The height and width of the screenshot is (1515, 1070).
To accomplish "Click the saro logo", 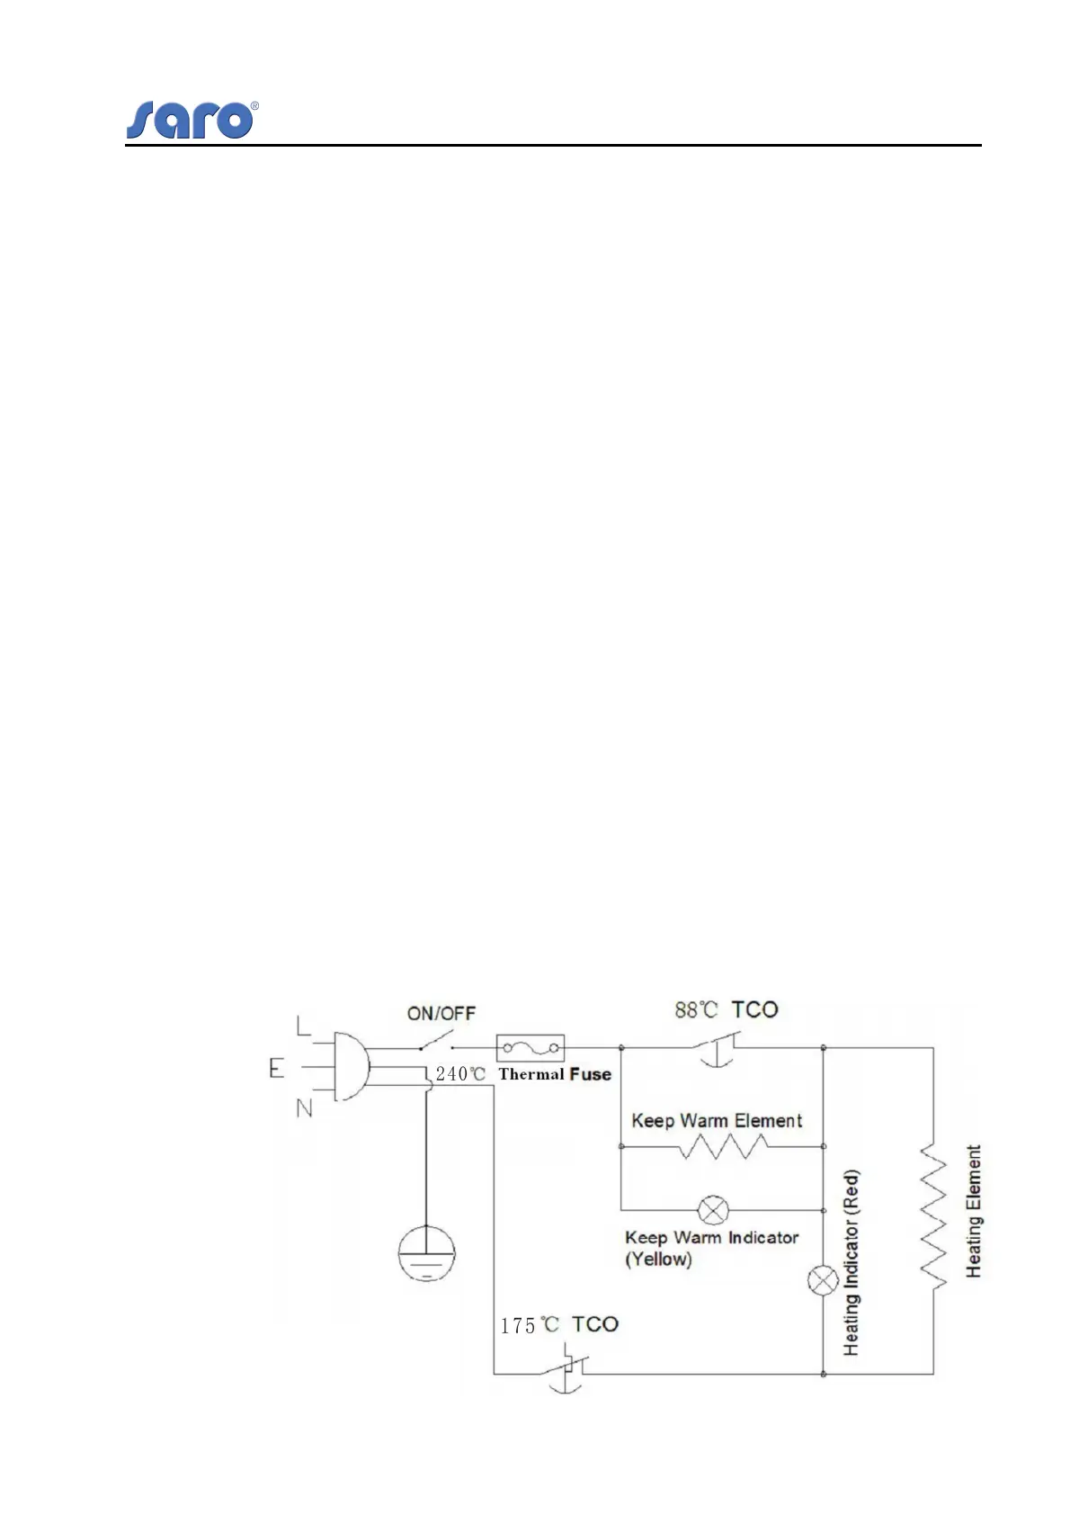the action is click(191, 120).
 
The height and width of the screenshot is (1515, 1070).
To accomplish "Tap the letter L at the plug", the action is click(304, 1024).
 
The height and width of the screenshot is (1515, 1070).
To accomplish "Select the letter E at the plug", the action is click(276, 1068).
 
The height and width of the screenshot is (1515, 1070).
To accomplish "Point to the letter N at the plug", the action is click(305, 1107).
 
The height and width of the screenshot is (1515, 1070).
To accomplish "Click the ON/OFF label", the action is click(441, 1013).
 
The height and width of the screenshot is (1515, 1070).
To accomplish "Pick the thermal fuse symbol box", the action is click(530, 1048).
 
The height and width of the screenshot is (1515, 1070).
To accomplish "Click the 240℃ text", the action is click(460, 1074).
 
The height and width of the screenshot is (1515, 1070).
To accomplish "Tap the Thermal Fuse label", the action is click(555, 1074).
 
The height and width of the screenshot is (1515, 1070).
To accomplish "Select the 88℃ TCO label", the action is click(726, 1010).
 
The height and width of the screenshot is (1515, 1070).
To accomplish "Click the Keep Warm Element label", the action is click(717, 1120).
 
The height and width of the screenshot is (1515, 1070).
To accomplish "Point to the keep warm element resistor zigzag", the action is click(723, 1146).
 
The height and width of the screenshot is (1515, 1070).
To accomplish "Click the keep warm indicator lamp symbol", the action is click(713, 1210).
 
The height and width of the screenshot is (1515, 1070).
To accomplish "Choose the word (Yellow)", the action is click(658, 1260).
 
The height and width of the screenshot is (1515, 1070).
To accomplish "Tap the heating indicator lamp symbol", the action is click(823, 1280).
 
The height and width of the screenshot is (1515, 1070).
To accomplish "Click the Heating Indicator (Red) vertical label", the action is click(851, 1262).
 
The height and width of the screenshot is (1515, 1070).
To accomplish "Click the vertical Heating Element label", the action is click(973, 1211).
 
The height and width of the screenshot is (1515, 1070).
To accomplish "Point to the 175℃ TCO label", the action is click(559, 1325).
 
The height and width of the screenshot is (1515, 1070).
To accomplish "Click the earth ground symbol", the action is click(426, 1253).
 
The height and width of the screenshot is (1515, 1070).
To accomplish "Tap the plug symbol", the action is click(351, 1067).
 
